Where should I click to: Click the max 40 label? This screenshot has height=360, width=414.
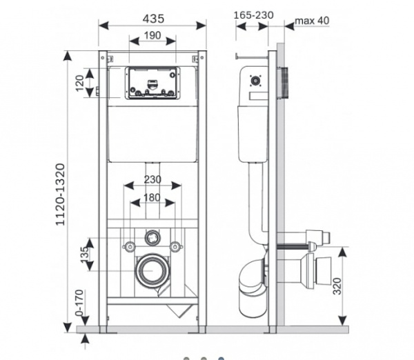[312, 21]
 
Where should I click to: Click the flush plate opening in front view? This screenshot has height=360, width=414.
[152, 83]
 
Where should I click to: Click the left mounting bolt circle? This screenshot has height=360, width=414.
[129, 246]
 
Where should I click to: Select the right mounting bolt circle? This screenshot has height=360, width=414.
[177, 246]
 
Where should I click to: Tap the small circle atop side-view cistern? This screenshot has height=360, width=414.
[256, 81]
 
